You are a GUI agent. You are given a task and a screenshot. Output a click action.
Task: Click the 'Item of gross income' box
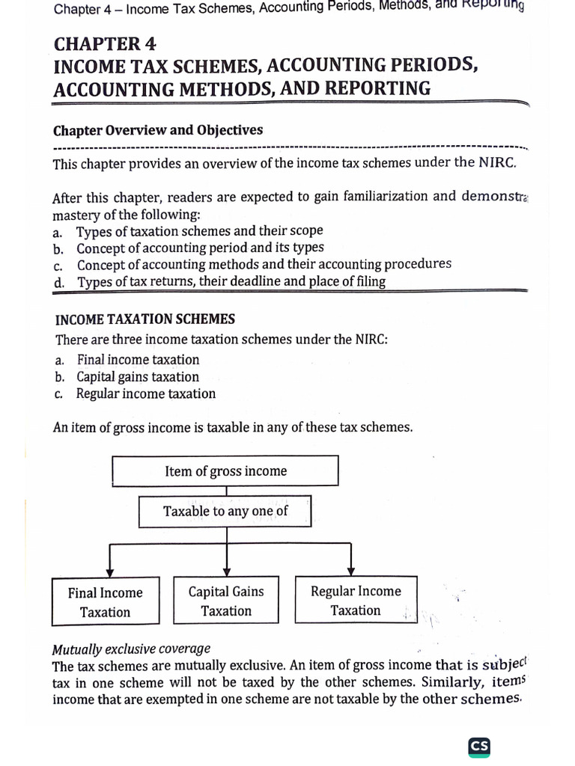coord(225,471)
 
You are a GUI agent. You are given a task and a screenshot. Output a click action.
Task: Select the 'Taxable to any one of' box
coord(225,512)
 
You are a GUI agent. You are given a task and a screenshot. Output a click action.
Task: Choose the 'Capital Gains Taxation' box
coord(226,601)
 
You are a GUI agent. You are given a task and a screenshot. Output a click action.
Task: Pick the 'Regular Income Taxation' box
coord(356,601)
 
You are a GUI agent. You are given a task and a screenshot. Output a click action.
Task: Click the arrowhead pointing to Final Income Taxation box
coord(110,572)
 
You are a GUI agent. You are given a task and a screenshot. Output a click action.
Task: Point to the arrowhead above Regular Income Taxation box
coord(352,572)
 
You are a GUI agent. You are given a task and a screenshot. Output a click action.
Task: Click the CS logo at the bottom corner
coord(479,747)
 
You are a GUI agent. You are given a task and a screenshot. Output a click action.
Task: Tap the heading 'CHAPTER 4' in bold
coord(106,43)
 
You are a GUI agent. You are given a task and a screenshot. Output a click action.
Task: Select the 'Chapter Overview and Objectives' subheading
coord(158,130)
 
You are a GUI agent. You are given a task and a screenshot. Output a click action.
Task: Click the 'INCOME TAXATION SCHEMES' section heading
coord(145,319)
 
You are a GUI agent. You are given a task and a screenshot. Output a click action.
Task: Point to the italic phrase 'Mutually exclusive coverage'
coord(132,649)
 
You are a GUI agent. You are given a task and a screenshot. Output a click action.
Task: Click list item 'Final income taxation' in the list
coord(139,360)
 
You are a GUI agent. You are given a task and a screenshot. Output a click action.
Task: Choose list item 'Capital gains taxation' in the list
coord(138,377)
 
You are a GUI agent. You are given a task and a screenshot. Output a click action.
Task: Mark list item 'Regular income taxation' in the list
coord(146,394)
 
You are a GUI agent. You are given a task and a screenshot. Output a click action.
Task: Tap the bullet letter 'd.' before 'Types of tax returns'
coord(59,283)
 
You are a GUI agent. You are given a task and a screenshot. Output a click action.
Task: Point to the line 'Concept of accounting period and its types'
coord(201,248)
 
